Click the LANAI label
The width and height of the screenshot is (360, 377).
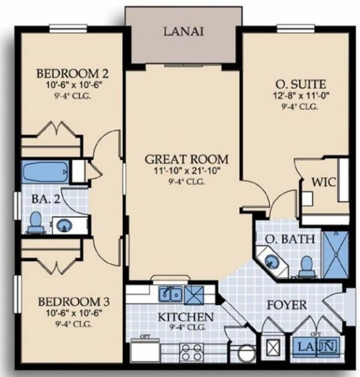[183, 32]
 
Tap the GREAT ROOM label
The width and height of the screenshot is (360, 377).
[186, 159]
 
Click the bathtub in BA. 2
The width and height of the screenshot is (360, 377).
[46, 172]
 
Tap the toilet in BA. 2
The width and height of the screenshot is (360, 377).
[36, 221]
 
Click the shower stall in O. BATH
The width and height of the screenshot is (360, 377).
[336, 254]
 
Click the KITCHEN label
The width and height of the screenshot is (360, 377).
[185, 317]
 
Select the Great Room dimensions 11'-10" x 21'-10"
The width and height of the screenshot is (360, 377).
[186, 172]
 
